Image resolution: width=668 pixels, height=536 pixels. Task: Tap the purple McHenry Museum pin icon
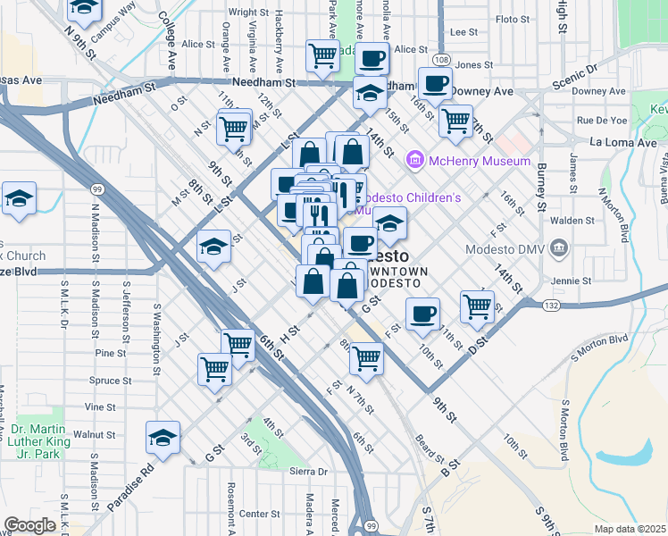414,161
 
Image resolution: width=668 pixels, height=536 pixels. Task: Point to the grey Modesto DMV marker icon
559,247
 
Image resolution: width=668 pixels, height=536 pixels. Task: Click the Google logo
30,525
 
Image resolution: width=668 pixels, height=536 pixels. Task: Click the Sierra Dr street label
310,471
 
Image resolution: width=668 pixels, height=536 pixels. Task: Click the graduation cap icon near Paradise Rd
163,438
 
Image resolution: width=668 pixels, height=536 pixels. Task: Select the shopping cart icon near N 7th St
366,357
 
